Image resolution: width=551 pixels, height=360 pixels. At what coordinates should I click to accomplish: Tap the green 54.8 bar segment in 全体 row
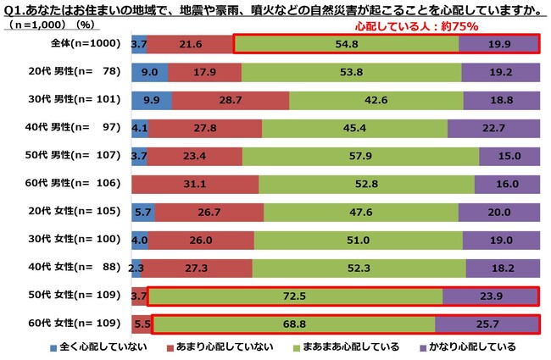click(x=345, y=43)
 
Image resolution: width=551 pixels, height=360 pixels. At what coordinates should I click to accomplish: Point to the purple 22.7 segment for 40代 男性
click(x=493, y=128)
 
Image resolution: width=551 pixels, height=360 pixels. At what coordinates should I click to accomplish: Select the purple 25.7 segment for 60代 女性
click(x=487, y=324)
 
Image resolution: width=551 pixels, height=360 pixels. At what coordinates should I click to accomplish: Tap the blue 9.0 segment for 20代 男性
click(x=149, y=72)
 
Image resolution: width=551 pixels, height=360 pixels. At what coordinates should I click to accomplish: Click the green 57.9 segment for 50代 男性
click(x=372, y=156)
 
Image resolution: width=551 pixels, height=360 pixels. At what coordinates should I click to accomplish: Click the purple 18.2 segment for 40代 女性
click(x=502, y=268)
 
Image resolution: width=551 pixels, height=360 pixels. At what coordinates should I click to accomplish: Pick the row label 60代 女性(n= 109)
click(x=79, y=324)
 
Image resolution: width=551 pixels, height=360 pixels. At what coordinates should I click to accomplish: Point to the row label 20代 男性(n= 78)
click(x=79, y=72)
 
